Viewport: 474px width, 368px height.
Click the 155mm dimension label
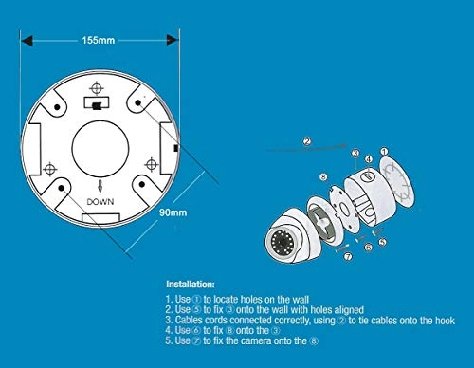tap(99, 41)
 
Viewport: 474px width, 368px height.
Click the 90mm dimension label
tap(173, 212)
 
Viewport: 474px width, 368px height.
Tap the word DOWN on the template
tap(100, 202)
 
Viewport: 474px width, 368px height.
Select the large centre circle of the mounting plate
tap(100, 149)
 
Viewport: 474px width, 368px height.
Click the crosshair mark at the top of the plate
tap(97, 88)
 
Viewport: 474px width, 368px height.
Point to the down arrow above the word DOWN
tap(100, 187)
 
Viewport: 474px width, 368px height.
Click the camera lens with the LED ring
tap(280, 243)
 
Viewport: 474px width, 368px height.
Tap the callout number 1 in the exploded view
tap(384, 152)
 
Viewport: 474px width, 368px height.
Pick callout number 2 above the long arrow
tap(307, 141)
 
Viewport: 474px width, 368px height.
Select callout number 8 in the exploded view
tap(323, 177)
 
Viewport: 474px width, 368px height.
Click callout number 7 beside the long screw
tap(348, 256)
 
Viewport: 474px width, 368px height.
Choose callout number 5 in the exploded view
tap(382, 242)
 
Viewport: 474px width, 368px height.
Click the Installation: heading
tap(191, 285)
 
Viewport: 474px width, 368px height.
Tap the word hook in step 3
tap(445, 321)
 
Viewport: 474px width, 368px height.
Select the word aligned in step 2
tap(349, 310)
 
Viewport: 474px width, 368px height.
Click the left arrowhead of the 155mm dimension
tap(27, 41)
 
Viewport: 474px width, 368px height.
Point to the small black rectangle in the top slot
tap(97, 106)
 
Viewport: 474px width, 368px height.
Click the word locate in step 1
tap(226, 300)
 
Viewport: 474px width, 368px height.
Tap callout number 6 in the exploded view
tap(369, 248)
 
